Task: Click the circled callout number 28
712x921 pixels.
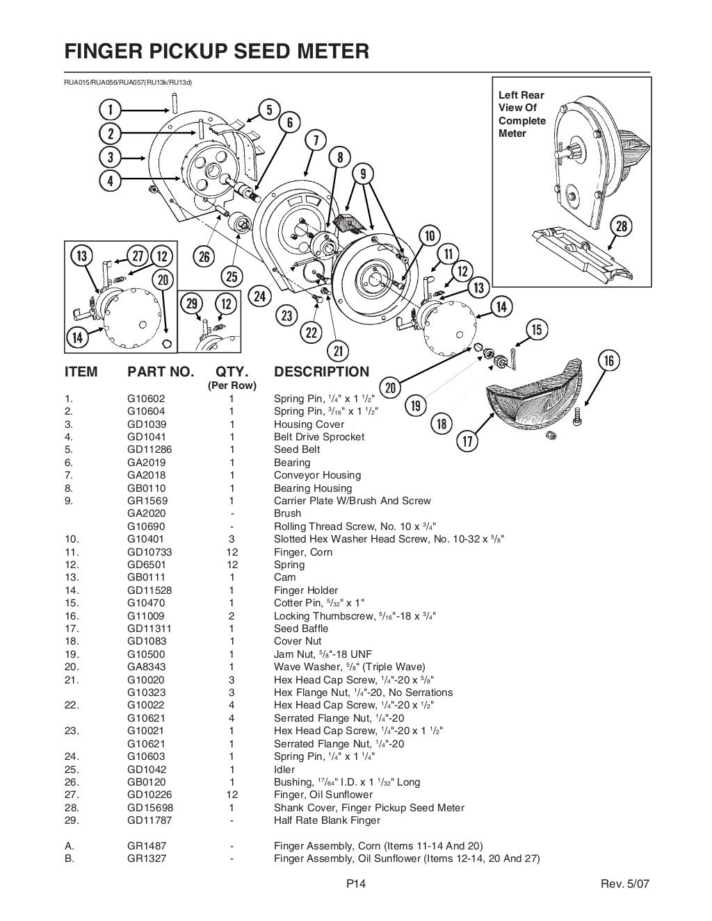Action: click(x=620, y=226)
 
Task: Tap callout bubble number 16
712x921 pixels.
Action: click(x=608, y=360)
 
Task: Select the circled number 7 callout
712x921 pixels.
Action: click(x=316, y=140)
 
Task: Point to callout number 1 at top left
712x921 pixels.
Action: click(x=110, y=108)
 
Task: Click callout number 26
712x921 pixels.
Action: click(x=204, y=257)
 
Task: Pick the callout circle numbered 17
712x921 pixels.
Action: click(x=467, y=440)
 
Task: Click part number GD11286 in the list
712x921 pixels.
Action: click(x=149, y=449)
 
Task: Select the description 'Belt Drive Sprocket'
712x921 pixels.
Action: click(x=318, y=437)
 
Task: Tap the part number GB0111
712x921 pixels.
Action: click(x=147, y=577)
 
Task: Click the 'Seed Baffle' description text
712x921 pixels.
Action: click(x=301, y=629)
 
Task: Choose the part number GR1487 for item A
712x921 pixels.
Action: click(x=147, y=846)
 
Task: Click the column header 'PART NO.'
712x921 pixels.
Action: click(x=161, y=372)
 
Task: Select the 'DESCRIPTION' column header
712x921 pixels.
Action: click(x=321, y=372)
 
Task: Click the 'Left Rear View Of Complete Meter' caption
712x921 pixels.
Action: click(x=521, y=114)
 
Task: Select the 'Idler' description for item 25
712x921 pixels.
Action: click(x=284, y=769)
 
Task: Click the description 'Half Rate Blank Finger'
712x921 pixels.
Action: click(x=327, y=820)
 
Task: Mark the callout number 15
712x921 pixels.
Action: click(x=537, y=329)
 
